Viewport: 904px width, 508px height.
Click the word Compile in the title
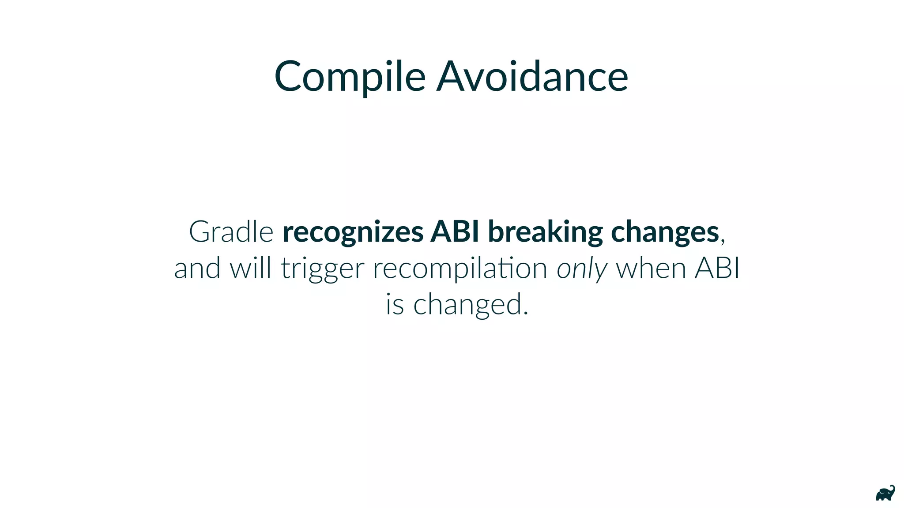click(350, 77)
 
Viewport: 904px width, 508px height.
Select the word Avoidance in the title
click(532, 77)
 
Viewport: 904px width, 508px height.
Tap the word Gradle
click(231, 232)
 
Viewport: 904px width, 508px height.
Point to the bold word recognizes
click(353, 232)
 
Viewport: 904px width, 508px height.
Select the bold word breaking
click(545, 232)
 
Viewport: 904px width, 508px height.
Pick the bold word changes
click(665, 232)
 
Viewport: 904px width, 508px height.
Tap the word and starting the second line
click(197, 268)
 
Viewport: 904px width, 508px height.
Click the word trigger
click(323, 269)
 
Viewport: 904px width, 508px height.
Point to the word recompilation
click(460, 269)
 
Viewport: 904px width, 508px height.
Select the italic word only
click(582, 269)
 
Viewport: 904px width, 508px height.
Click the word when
click(651, 268)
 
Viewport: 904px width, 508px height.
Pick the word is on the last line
click(395, 304)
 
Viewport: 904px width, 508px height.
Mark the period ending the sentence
click(525, 314)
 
